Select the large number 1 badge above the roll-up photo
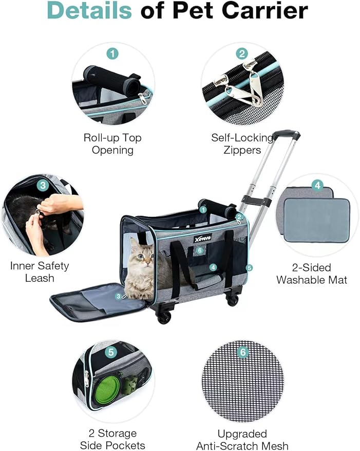pos(112,53)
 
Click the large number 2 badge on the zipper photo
pos(242,53)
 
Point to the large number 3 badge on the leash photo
pos(43,186)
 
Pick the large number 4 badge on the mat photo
pos(318,185)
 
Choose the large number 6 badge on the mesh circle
pos(243,353)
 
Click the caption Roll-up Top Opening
pos(112,144)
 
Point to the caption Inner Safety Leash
pos(40,272)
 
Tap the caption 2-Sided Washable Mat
pos(312,273)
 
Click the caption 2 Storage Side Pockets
pos(112,439)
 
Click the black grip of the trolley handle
pos(286,135)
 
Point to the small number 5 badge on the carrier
pos(250,267)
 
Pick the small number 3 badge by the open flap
pos(119,296)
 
